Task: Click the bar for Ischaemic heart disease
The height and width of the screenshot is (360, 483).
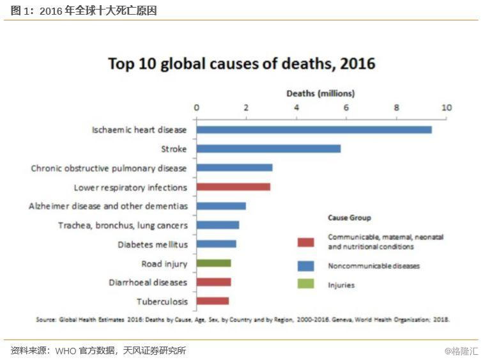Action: pos(314,130)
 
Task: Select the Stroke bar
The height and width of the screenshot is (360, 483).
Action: pos(268,149)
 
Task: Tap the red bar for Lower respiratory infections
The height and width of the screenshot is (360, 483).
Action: pos(233,187)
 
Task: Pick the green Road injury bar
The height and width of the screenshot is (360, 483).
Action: pos(213,263)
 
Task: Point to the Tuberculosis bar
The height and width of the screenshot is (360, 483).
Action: pos(212,301)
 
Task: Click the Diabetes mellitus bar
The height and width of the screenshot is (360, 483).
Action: pos(216,244)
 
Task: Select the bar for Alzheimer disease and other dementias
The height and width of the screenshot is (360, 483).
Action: pos(221,206)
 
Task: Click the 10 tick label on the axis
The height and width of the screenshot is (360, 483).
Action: pos(446,107)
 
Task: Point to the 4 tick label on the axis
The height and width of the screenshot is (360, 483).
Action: pos(296,107)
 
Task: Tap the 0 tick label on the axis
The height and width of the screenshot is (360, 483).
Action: pos(196,107)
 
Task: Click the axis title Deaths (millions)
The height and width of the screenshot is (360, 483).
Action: pos(320,93)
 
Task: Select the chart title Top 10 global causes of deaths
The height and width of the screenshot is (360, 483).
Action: pos(241,64)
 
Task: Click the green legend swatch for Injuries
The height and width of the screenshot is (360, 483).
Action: pos(305,285)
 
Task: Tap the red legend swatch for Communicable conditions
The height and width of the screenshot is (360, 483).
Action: pos(305,242)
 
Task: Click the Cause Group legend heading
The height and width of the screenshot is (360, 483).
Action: pos(349,218)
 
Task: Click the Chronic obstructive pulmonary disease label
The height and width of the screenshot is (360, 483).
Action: pos(109,168)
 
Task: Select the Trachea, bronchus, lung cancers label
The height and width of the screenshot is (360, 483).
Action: pos(123,225)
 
